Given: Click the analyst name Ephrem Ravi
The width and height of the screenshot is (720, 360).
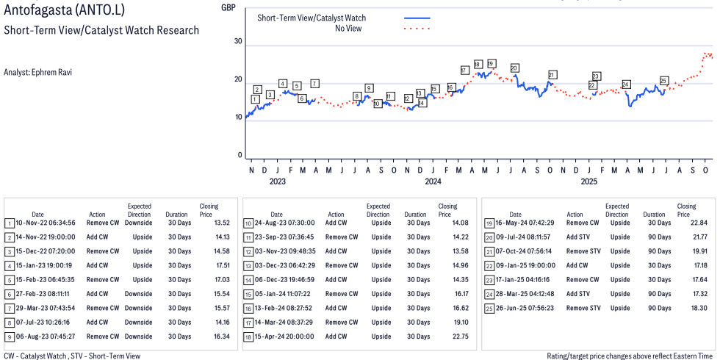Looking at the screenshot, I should pyautogui.click(x=37, y=72).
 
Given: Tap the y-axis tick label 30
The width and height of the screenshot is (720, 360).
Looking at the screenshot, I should pyautogui.click(x=238, y=41).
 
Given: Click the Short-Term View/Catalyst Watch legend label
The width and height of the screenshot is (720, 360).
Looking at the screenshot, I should pyautogui.click(x=312, y=18).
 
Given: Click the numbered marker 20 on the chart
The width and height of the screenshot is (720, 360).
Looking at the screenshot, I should pyautogui.click(x=514, y=68).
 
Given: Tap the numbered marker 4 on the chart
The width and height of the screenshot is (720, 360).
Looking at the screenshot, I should pyautogui.click(x=282, y=84).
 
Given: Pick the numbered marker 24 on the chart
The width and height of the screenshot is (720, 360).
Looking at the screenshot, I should pyautogui.click(x=626, y=84).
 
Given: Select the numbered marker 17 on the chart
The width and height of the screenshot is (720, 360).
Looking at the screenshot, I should pyautogui.click(x=464, y=70).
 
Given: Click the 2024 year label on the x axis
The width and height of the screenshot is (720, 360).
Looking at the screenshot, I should pyautogui.click(x=433, y=181).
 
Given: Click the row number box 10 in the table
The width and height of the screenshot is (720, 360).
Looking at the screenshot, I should pyautogui.click(x=249, y=223).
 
